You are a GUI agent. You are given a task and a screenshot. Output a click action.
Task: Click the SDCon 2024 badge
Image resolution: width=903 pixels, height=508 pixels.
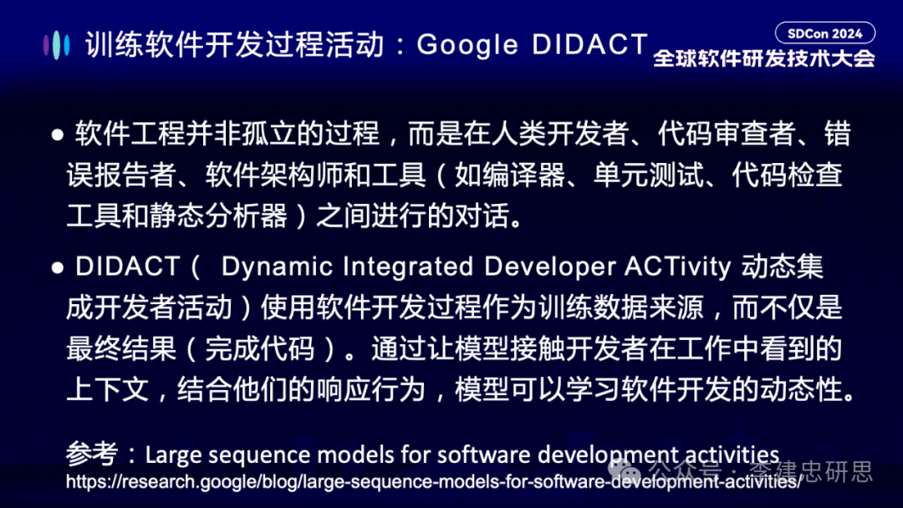coord(825,33)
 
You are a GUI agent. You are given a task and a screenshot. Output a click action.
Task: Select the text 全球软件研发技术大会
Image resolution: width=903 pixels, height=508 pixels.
coord(763,58)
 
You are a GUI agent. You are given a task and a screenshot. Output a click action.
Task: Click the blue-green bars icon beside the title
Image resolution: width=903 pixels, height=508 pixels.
coord(57,45)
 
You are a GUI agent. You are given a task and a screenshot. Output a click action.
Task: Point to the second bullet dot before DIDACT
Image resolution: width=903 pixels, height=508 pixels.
coord(58,267)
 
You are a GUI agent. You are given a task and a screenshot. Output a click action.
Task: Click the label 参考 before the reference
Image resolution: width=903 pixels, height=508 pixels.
coord(92,455)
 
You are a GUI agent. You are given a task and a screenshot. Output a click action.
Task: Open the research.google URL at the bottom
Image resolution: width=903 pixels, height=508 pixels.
coord(433,482)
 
